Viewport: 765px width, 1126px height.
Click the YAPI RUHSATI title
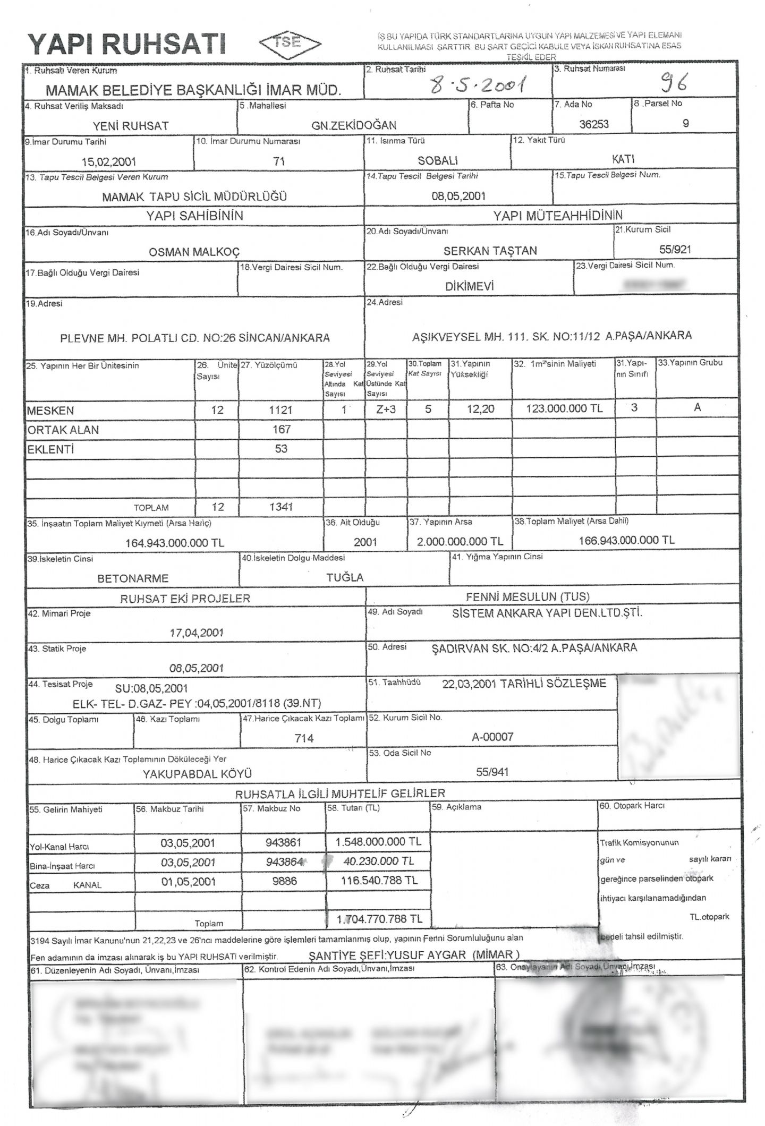[127, 45]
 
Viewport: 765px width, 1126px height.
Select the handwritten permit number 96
[673, 83]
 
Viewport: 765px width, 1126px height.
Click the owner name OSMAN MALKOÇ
[194, 252]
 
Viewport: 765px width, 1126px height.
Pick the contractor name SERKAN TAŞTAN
[490, 251]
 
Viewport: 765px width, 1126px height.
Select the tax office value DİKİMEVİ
[470, 286]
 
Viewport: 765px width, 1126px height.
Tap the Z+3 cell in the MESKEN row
[386, 410]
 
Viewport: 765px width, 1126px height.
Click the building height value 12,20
[480, 409]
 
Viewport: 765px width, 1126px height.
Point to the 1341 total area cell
[281, 507]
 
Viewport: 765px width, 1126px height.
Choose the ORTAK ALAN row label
[63, 430]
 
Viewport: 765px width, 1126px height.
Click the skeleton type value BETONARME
[133, 578]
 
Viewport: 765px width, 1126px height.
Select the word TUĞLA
[345, 577]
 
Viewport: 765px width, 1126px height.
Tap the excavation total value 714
[304, 738]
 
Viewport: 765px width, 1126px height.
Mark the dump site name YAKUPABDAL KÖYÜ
[197, 774]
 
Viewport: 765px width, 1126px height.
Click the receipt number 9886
[284, 881]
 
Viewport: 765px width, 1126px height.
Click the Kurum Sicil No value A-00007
[492, 737]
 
